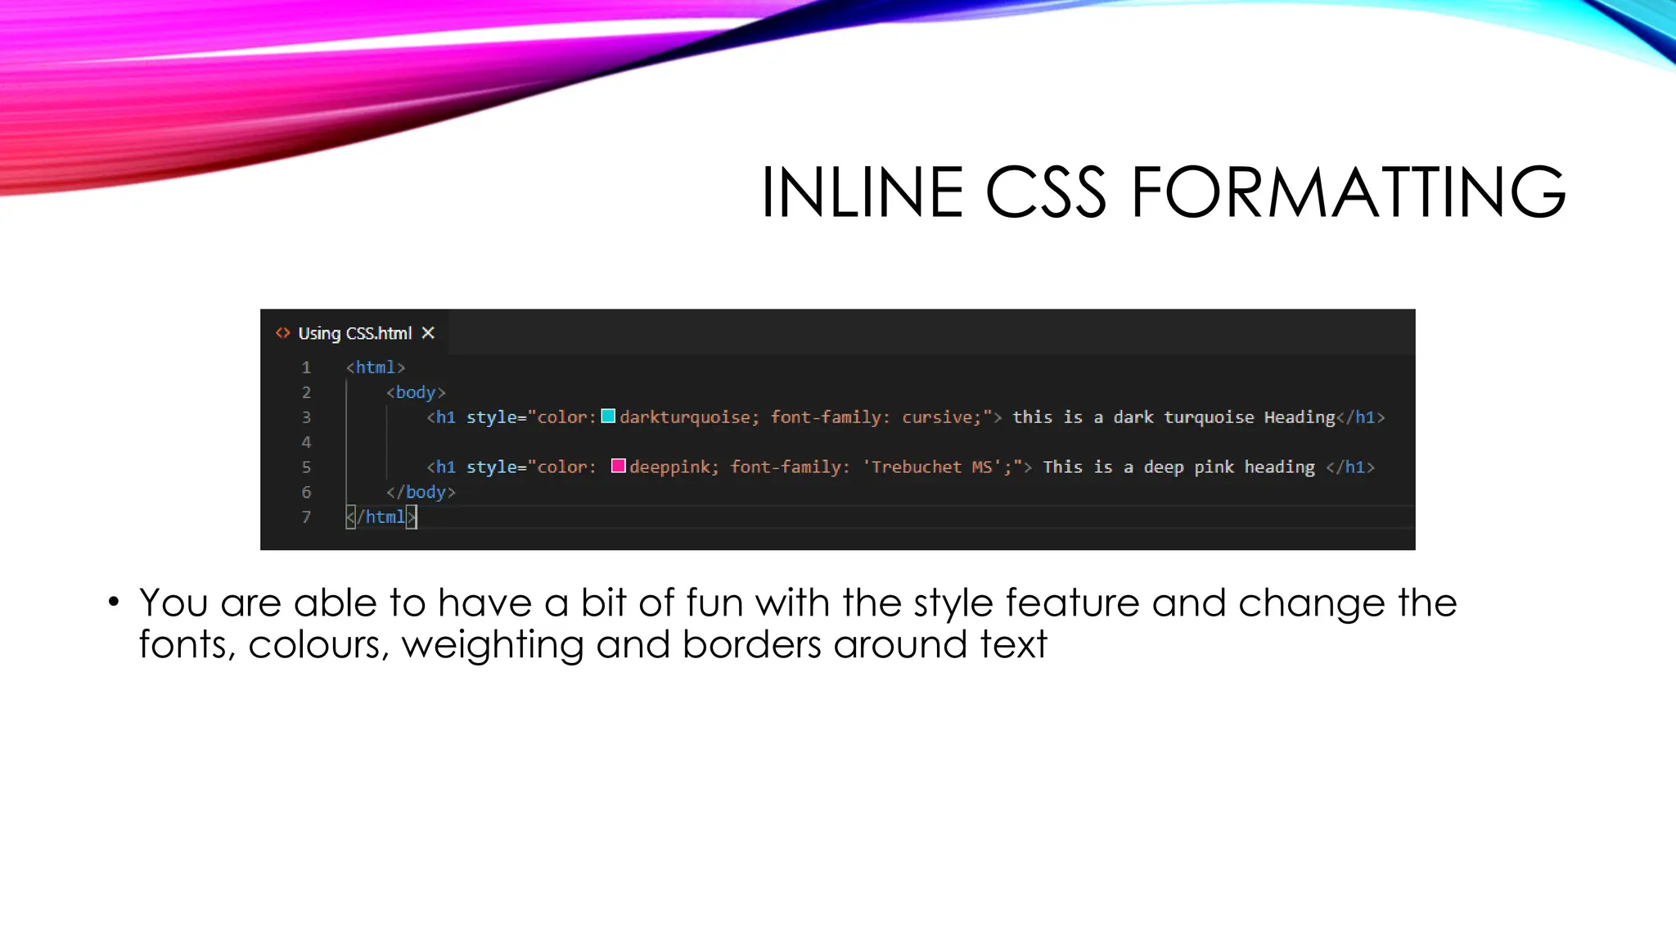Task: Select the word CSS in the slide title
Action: (1046, 193)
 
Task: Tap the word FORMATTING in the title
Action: (1349, 193)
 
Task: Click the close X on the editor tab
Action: (428, 333)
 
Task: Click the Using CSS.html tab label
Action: (354, 333)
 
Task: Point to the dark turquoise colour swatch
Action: (608, 417)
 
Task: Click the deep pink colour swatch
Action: (619, 467)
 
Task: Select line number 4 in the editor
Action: (306, 442)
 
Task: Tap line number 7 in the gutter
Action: (306, 517)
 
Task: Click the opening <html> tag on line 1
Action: (376, 368)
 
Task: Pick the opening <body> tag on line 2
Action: (416, 393)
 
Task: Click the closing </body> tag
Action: (421, 492)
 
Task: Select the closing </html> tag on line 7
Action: (381, 517)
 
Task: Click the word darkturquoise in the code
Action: (685, 417)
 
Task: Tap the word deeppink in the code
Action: (669, 467)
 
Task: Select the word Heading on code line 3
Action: (1300, 417)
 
